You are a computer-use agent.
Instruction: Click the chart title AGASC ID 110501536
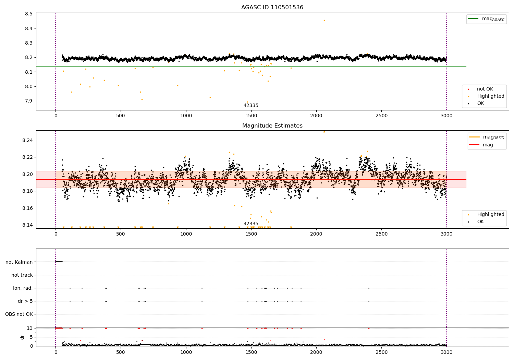pos(272,8)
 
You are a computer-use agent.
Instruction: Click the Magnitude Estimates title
pos(272,126)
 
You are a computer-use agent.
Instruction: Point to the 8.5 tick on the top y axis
pos(29,14)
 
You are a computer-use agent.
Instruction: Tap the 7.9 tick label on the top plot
pos(29,101)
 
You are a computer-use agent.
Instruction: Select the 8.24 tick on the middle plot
pos(27,141)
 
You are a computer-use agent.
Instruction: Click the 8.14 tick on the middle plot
pos(27,225)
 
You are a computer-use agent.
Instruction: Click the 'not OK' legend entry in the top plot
pos(485,89)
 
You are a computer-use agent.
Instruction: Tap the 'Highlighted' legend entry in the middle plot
pos(490,215)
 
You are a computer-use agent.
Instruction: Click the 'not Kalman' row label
pos(19,262)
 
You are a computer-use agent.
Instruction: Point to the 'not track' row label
pos(22,275)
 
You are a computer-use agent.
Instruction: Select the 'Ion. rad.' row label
pos(23,288)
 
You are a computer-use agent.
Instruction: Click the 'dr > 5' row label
pos(25,301)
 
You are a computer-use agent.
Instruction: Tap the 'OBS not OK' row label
pos(19,314)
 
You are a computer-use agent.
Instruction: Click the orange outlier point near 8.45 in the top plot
pos(324,21)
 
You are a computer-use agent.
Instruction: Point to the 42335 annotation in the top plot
pos(251,106)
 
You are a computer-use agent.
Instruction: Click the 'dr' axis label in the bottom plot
pos(22,337)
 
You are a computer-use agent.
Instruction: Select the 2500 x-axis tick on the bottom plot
pos(381,352)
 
